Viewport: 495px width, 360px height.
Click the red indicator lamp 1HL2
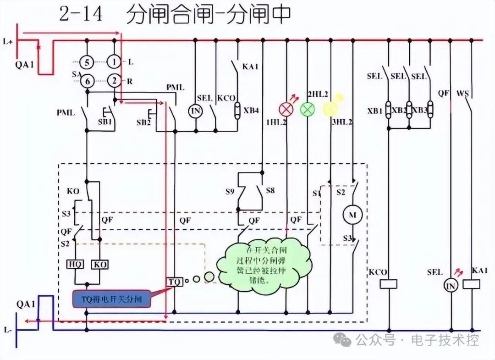(x=286, y=109)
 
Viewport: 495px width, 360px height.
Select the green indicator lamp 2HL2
(x=308, y=109)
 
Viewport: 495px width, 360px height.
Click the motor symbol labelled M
(x=353, y=215)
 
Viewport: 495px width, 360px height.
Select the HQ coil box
(x=75, y=265)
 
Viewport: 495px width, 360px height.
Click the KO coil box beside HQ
(x=99, y=265)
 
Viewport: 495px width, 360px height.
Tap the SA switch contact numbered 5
(x=87, y=61)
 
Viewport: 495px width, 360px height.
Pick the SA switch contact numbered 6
(x=87, y=82)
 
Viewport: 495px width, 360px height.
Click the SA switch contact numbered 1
(x=114, y=61)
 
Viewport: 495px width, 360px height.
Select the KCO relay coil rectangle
(x=388, y=284)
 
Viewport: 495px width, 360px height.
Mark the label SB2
(x=144, y=122)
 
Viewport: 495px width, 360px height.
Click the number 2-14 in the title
(x=81, y=15)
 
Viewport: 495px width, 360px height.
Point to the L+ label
(x=8, y=42)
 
